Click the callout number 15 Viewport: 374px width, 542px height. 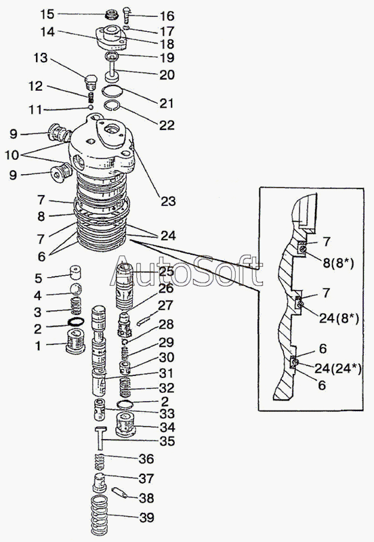(47, 14)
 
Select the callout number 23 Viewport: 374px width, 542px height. (168, 201)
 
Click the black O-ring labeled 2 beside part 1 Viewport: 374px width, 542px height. (76, 322)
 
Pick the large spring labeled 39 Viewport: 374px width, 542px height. (100, 516)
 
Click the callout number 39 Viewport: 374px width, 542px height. (146, 518)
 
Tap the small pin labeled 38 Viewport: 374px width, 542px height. (119, 493)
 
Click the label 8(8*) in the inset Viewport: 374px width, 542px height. (338, 264)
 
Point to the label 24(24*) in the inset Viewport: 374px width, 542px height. (337, 369)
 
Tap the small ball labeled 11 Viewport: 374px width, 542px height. (91, 107)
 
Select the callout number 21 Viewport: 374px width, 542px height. (167, 104)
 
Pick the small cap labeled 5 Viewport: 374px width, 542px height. (76, 272)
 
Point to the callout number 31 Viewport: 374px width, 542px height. (166, 373)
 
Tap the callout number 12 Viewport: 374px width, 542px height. (36, 86)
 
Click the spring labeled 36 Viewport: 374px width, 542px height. (100, 463)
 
